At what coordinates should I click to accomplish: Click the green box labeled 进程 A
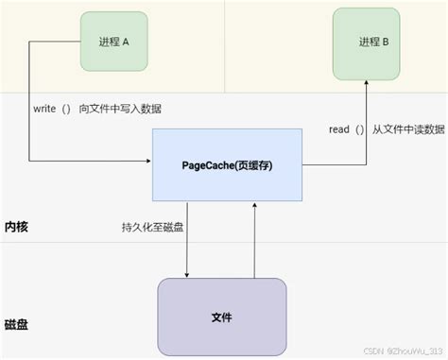pyautogui.click(x=112, y=40)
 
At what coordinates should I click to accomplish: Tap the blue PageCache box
pyautogui.click(x=227, y=166)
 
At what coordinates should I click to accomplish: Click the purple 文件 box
pyautogui.click(x=223, y=317)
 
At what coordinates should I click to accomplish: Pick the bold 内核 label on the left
pyautogui.click(x=17, y=228)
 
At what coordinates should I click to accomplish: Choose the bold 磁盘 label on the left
pyautogui.click(x=17, y=324)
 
